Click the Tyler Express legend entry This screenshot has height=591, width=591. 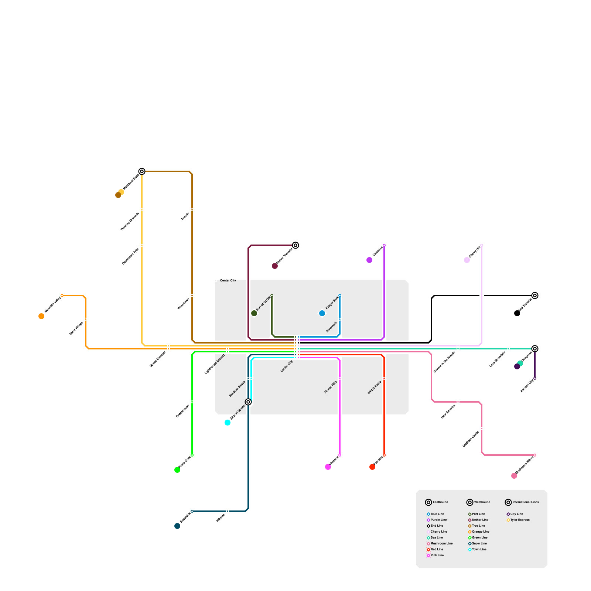pos(520,520)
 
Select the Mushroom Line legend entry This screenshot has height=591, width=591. pos(441,543)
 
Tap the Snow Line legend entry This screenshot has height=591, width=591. pos(479,543)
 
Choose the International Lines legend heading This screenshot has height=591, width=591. pos(525,502)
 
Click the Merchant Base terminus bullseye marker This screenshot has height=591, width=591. pos(142,171)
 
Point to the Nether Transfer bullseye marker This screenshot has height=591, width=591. pos(295,245)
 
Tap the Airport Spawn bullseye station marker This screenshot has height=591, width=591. pos(248,402)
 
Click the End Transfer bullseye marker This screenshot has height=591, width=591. pos(535,295)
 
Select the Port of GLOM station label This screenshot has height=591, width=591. pos(263,304)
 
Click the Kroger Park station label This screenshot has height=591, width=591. pos(332,303)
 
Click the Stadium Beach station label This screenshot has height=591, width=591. pos(237,389)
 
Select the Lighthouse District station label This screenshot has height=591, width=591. pos(215,364)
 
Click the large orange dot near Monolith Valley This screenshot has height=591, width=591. pos(41,316)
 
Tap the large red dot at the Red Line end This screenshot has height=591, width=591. pos(372,467)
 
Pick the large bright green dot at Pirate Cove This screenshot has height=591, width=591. pos(177,470)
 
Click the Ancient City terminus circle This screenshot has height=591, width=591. pos(535,378)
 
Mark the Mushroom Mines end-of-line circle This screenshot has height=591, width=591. pos(535,455)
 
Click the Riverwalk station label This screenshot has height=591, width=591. pos(332,327)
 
